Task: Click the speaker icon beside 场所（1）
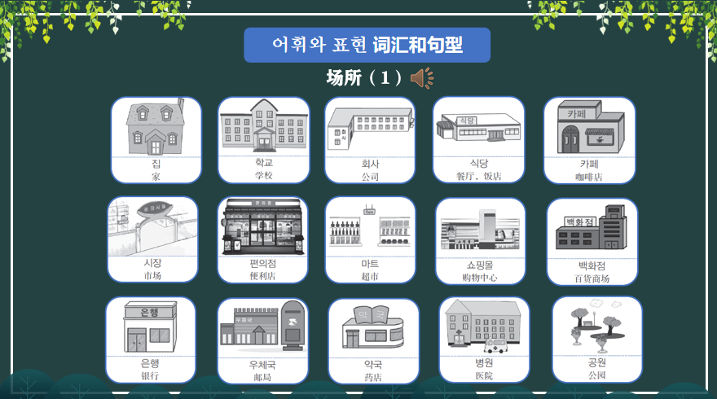pyautogui.click(x=421, y=78)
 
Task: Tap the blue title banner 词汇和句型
pyautogui.click(x=367, y=45)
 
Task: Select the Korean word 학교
pyautogui.click(x=263, y=162)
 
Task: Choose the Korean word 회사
pyautogui.click(x=371, y=163)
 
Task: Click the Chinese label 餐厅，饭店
pyautogui.click(x=479, y=176)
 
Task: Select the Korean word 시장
pyautogui.click(x=152, y=263)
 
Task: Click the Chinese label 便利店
pyautogui.click(x=263, y=275)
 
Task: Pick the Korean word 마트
pyautogui.click(x=371, y=264)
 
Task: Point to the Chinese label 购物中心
pyautogui.click(x=479, y=277)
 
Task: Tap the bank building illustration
pyautogui.click(x=150, y=328)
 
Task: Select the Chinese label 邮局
pyautogui.click(x=262, y=377)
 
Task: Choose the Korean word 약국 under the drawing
pyautogui.click(x=373, y=364)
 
